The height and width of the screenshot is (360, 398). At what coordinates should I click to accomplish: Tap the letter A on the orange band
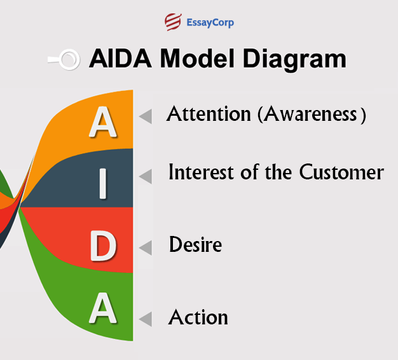tap(102, 121)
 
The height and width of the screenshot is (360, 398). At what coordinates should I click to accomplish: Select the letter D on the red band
tap(103, 247)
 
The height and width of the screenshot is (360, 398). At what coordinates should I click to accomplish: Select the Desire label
tap(196, 245)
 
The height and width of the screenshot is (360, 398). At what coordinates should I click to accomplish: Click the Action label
tap(198, 317)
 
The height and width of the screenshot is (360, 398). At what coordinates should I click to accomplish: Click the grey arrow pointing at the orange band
tap(146, 116)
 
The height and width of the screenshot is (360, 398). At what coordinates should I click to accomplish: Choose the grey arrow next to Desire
tap(146, 247)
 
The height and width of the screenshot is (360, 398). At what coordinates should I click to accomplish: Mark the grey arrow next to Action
tap(146, 319)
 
